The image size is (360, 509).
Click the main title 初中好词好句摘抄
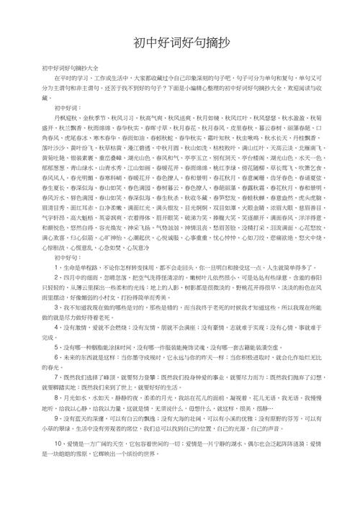tap(179, 42)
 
